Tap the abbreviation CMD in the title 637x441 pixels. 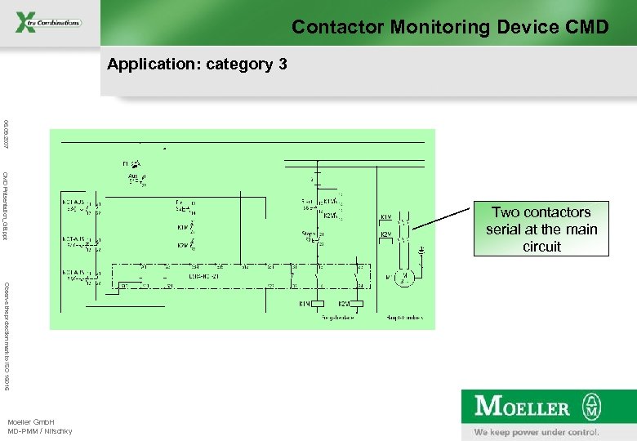586,27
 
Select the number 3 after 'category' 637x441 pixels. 283,64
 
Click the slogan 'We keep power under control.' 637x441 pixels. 537,432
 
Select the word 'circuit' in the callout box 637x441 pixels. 541,247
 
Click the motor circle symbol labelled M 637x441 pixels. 403,277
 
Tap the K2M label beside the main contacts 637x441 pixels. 385,235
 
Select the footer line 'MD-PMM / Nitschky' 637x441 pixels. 39,430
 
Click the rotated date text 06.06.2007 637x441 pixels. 6,133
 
